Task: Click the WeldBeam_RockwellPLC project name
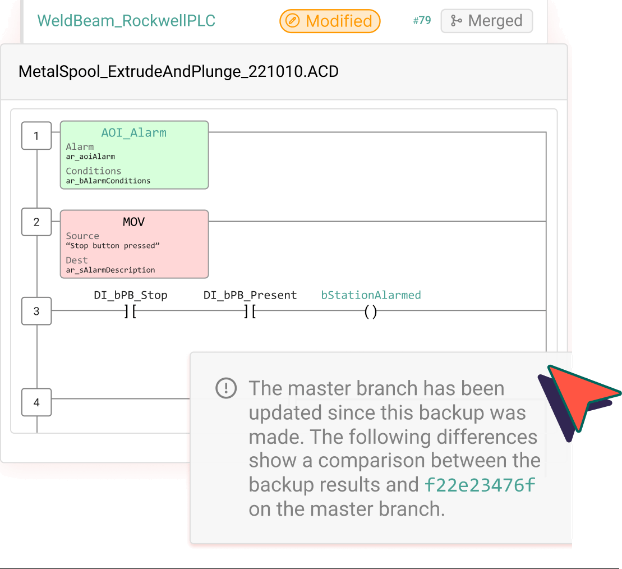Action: pos(126,21)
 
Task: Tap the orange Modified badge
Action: pos(330,21)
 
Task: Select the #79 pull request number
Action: pos(422,21)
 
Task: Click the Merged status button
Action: pos(486,21)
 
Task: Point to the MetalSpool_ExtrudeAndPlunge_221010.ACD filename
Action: pos(178,72)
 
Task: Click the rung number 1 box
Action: pos(36,136)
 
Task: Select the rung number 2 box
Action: pos(36,222)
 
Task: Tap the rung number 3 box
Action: pos(36,311)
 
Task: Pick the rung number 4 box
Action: pos(36,402)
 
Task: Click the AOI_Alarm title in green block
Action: pos(133,133)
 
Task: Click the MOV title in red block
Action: pos(133,222)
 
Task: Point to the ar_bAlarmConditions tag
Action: pos(108,181)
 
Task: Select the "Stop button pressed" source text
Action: pos(113,246)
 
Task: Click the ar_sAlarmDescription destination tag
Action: pos(110,270)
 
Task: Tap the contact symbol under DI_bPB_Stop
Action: pos(130,312)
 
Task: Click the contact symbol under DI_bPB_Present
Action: pos(250,312)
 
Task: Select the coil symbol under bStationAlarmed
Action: pos(370,312)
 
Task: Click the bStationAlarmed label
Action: pos(371,295)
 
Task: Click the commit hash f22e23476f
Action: pos(480,484)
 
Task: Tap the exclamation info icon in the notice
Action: pos(226,388)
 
